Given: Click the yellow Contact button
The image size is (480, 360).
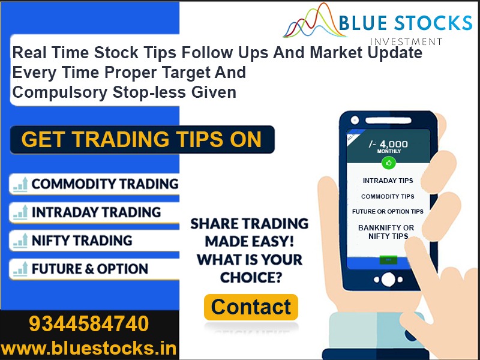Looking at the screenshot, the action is (x=251, y=307).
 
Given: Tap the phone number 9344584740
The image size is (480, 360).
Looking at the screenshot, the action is (x=89, y=324).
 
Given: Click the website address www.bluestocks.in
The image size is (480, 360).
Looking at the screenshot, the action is (x=89, y=349).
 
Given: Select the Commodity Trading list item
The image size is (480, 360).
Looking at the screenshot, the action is (x=94, y=184).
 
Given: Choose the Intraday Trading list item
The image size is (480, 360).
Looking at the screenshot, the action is (x=94, y=212).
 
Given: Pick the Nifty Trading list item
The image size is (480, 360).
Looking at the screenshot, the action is (x=94, y=241).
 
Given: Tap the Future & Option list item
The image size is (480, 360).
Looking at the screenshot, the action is (x=94, y=269).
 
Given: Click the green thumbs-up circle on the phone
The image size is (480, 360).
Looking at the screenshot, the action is (x=389, y=163).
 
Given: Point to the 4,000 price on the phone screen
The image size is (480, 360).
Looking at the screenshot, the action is (x=394, y=144).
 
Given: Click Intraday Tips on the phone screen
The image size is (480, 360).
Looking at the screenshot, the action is (x=388, y=181).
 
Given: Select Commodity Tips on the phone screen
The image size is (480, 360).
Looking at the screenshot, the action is (x=388, y=196).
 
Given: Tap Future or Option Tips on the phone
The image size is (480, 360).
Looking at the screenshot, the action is (x=388, y=212).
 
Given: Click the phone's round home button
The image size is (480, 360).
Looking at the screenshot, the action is (x=388, y=279).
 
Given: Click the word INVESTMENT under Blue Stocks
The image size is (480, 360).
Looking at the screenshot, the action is (x=406, y=41).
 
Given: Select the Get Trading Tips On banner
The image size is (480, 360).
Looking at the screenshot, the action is (x=142, y=140).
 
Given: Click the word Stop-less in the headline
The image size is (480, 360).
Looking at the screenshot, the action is (x=149, y=92).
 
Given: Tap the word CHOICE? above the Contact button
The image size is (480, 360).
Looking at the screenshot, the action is (x=251, y=277).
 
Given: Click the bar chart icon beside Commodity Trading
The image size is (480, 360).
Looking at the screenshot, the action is (x=20, y=184).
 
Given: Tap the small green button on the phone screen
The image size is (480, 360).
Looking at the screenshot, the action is (x=388, y=260).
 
